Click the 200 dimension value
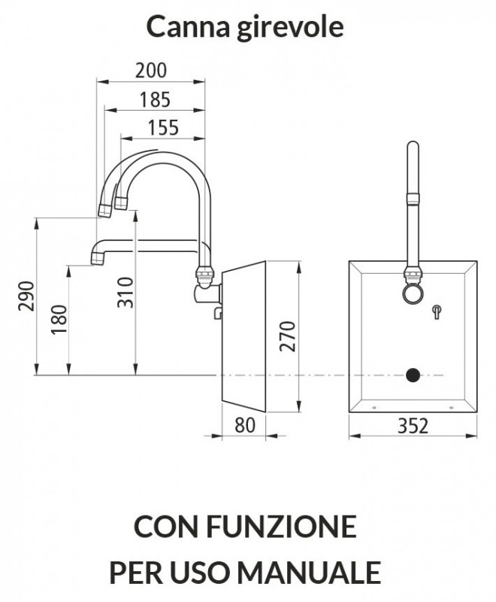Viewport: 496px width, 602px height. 151,70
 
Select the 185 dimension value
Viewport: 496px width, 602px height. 155,99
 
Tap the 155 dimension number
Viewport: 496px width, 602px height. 163,127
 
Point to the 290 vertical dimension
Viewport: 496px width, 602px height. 27,296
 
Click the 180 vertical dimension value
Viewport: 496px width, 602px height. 59,319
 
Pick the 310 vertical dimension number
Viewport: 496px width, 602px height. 126,293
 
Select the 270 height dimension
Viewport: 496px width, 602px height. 288,336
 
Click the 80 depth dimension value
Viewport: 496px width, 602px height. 244,425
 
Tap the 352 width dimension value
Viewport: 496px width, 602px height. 413,426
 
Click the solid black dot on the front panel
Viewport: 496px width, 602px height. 413,375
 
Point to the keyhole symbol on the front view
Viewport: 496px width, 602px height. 436,312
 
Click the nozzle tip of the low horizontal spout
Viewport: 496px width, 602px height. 98,260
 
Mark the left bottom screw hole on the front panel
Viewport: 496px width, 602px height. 374,407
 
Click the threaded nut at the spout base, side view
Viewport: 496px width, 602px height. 204,273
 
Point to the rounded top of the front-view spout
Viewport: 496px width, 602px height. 413,145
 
